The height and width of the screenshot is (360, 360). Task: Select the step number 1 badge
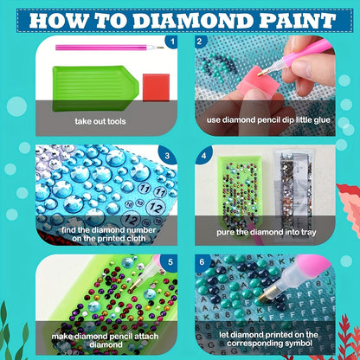[172, 42]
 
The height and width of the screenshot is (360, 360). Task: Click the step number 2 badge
[200, 42]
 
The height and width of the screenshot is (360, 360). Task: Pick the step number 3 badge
[167, 156]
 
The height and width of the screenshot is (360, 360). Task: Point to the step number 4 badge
[203, 156]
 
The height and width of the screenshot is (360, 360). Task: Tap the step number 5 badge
[170, 262]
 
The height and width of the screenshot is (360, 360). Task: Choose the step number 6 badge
[202, 262]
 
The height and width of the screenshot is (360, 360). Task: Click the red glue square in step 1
[156, 87]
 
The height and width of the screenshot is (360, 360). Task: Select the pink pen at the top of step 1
[110, 48]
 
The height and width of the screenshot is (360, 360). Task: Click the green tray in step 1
[95, 88]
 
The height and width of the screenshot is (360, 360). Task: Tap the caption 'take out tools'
[100, 121]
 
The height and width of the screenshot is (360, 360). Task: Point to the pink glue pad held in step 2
[258, 81]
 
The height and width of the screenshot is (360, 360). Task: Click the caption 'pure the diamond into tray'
[267, 232]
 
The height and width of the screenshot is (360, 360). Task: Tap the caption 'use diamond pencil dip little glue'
[268, 120]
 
